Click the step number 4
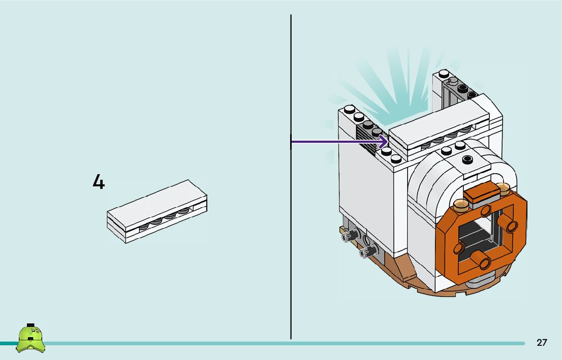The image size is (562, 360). [x=99, y=182]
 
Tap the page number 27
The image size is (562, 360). [x=542, y=342]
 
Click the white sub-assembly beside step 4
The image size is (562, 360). [x=157, y=211]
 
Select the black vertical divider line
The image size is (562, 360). [x=291, y=177]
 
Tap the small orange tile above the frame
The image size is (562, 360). [x=482, y=190]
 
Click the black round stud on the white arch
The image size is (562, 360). [x=467, y=159]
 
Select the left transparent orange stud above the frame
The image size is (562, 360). [x=460, y=205]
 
